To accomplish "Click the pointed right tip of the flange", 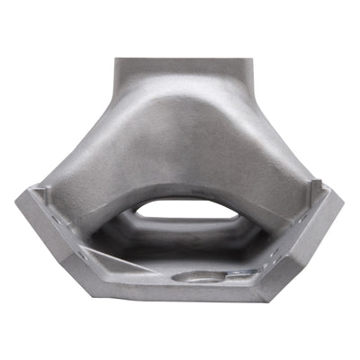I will point(343,196).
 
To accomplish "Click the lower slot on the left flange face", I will point(76,257).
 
